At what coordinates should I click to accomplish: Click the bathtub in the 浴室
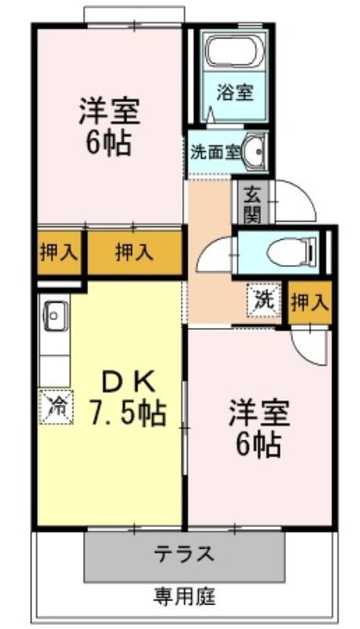[x=234, y=51]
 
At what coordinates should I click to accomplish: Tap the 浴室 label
[x=234, y=92]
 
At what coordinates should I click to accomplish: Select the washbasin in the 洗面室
[x=254, y=152]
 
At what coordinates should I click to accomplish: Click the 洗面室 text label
[x=215, y=152]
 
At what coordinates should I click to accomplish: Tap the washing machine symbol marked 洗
[x=264, y=300]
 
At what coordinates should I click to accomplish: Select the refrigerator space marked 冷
[x=56, y=406]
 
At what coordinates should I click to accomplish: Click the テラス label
[x=185, y=554]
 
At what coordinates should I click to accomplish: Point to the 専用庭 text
[x=184, y=596]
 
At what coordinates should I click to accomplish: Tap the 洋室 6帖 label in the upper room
[x=109, y=126]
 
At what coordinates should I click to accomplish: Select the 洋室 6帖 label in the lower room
[x=259, y=429]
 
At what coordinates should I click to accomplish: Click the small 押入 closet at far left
[x=59, y=252]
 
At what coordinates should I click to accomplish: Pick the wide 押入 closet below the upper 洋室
[x=134, y=252]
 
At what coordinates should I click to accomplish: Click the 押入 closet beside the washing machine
[x=310, y=303]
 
